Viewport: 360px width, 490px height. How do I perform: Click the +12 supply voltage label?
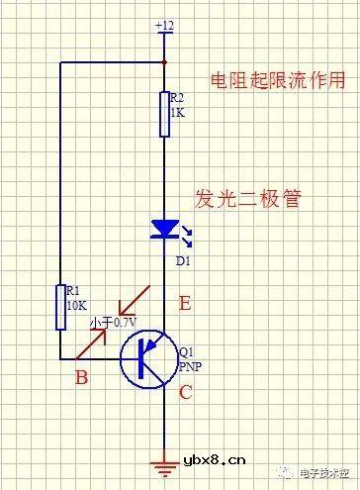(164, 24)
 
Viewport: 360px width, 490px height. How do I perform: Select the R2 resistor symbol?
(164, 113)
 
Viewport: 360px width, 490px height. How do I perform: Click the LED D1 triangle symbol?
(164, 230)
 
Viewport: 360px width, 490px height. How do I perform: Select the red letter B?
(83, 376)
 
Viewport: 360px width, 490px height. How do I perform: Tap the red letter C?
(184, 392)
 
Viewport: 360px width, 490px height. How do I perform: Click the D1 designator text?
(182, 260)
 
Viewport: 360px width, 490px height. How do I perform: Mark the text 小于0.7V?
(113, 323)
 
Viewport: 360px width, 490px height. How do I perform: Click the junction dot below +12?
(164, 60)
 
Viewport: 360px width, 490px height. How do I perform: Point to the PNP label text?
(190, 365)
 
